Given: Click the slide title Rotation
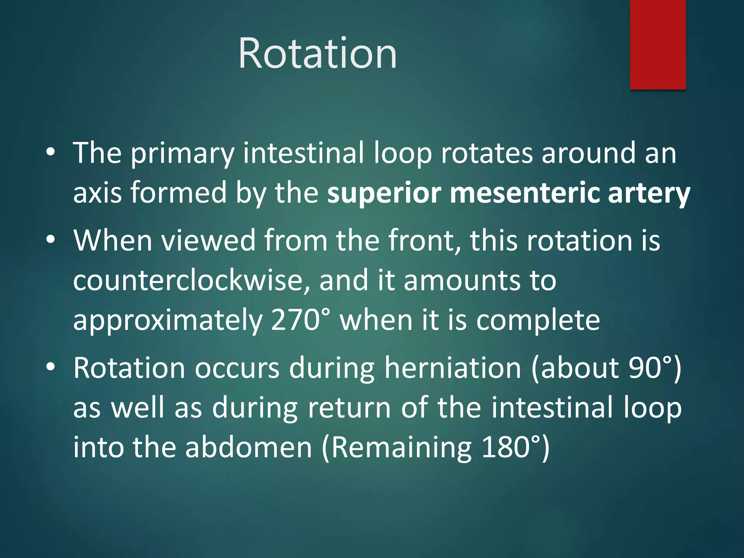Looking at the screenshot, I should click(317, 53).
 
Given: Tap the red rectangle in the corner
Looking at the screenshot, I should click(658, 44).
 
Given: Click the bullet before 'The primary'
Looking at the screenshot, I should click(50, 152).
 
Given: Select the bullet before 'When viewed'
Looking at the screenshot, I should click(50, 240).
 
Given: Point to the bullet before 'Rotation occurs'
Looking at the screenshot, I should click(50, 367).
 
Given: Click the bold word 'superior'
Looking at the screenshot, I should click(384, 193).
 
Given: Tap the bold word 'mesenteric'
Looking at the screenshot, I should click(524, 193).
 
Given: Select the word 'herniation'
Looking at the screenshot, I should click(453, 368).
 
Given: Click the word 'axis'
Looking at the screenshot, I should click(97, 193).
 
